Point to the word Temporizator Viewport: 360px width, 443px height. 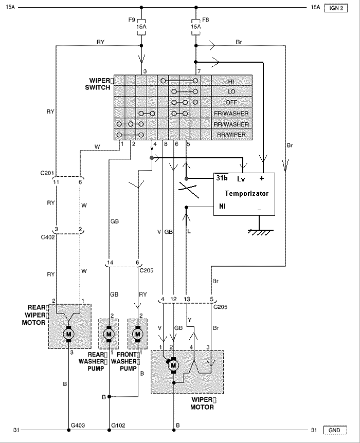pos(246,194)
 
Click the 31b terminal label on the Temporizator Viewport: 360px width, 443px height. pos(222,179)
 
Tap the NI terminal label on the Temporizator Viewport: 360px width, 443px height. pos(221,207)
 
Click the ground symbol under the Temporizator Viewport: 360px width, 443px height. pos(260,232)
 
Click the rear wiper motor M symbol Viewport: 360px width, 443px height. pos(68,334)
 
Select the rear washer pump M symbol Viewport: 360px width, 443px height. pos(109,334)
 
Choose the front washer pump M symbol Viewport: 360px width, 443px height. pos(138,334)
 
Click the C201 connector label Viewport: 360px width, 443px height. pos(47,173)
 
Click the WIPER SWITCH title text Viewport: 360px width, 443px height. pos(98,84)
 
